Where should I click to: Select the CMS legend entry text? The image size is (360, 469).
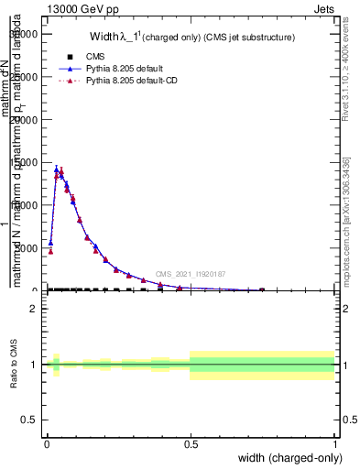(94, 57)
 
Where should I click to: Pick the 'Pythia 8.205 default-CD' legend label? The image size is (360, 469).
(134, 82)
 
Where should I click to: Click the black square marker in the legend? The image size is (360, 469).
(69, 57)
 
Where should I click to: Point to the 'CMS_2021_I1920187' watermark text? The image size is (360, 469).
(191, 274)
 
